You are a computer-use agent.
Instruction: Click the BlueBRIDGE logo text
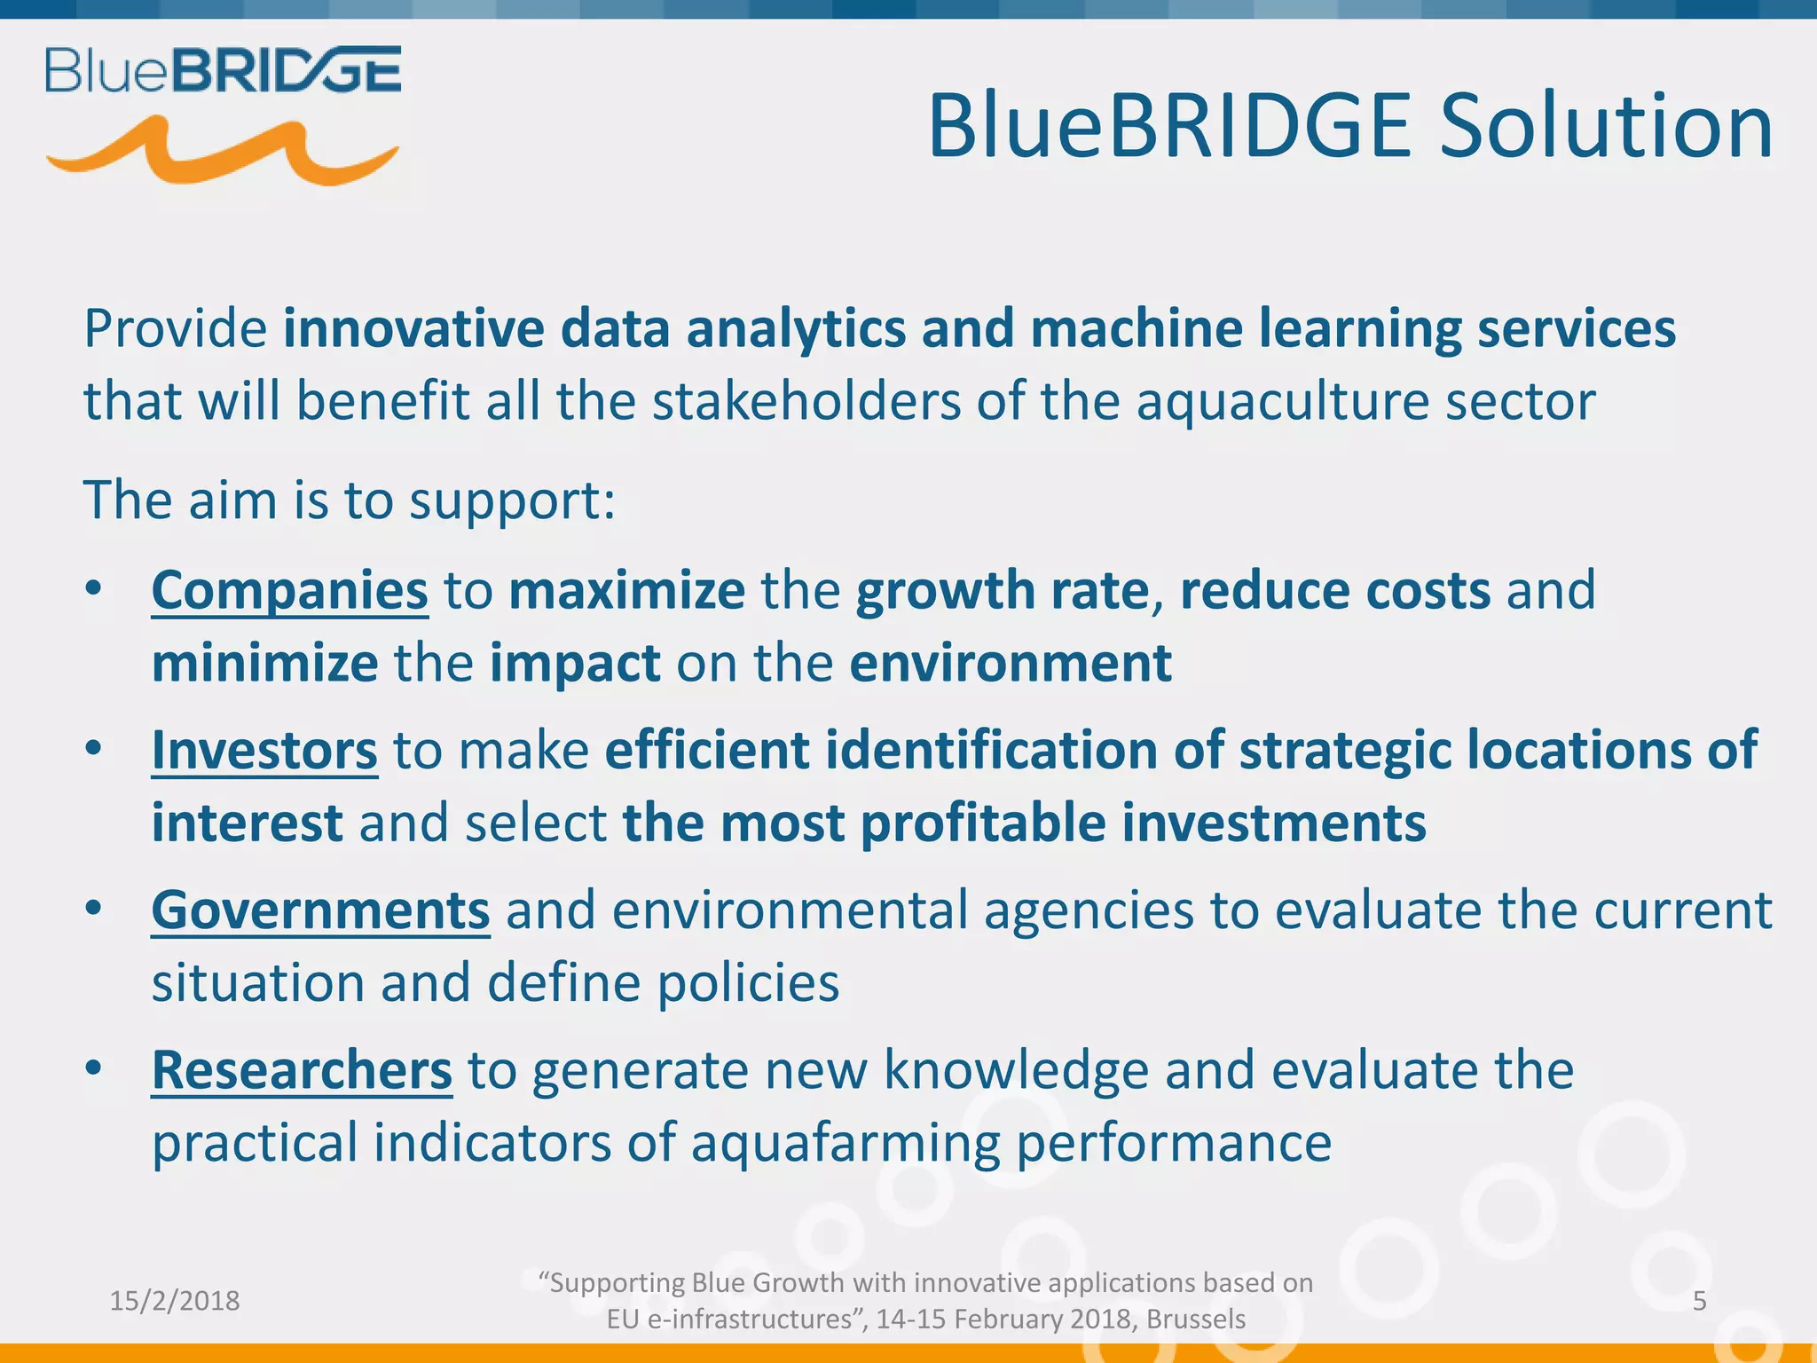coord(223,70)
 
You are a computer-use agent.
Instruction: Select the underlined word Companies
coord(289,591)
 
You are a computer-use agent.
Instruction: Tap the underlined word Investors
coord(264,751)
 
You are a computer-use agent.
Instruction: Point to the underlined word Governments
coord(320,910)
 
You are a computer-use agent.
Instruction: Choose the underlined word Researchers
coord(302,1070)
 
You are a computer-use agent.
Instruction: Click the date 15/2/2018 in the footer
coord(175,1301)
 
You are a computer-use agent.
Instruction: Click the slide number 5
coord(1700,1301)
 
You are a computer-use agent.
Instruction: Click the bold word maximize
coord(626,591)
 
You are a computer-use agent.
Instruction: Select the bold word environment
coord(1011,663)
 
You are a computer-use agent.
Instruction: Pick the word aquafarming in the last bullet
coord(846,1143)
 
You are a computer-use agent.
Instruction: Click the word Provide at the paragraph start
coord(176,329)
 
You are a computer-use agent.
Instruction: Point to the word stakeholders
coord(806,401)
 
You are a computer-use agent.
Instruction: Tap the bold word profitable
coord(983,823)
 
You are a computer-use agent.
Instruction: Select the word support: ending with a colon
coord(512,500)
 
